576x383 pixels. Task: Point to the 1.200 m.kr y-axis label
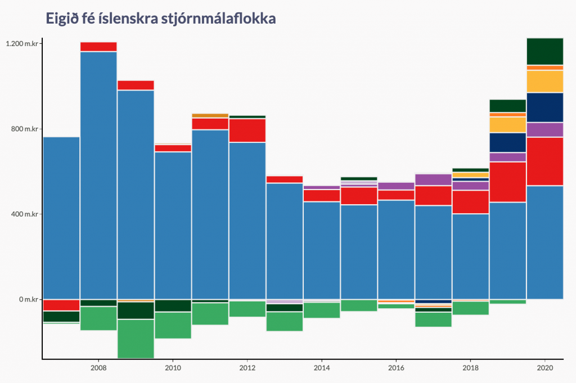point(22,44)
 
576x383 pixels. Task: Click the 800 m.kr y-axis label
point(24,129)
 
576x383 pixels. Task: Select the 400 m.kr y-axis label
point(24,214)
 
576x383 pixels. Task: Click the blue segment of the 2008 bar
point(98,174)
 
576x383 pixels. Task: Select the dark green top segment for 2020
point(544,51)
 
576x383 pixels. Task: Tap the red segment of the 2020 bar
point(544,161)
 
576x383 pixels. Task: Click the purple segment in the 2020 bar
point(544,129)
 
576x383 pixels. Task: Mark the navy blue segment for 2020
point(544,107)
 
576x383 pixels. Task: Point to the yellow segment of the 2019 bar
point(507,124)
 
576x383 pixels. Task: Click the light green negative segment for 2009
point(136,339)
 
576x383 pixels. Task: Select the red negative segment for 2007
point(61,305)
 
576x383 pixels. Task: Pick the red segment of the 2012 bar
point(247,130)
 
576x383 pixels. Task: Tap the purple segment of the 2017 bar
point(433,179)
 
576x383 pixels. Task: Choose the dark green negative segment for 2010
point(173,305)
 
